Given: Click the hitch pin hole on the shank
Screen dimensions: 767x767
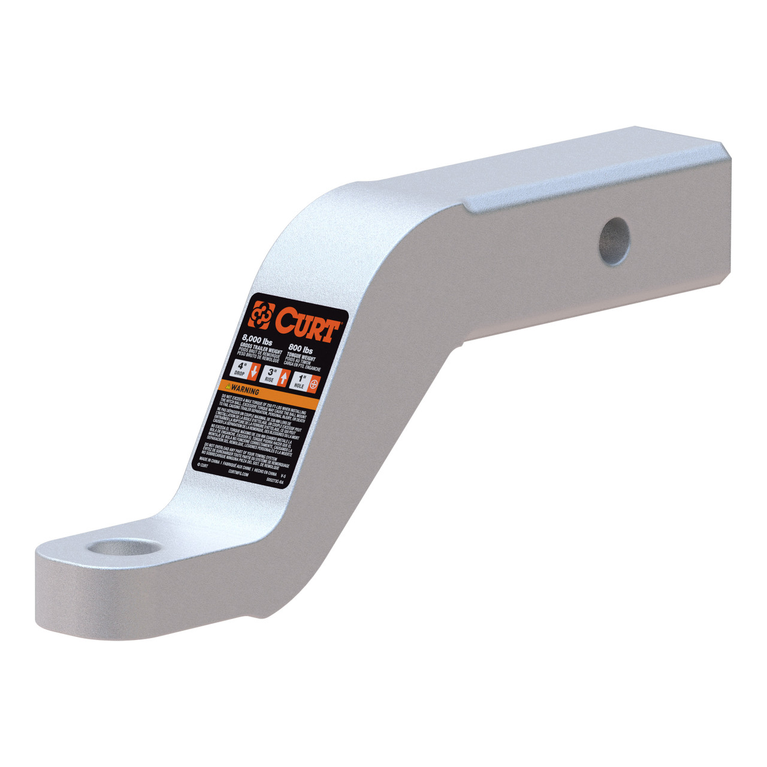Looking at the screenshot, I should [x=614, y=240].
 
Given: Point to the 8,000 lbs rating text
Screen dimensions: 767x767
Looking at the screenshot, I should [x=255, y=342].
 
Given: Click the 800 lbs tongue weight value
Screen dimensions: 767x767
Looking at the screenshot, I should [x=301, y=348].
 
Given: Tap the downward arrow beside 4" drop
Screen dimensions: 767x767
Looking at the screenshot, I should [x=254, y=372].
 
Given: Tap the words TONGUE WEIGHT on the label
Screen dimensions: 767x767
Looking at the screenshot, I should [x=303, y=355].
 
